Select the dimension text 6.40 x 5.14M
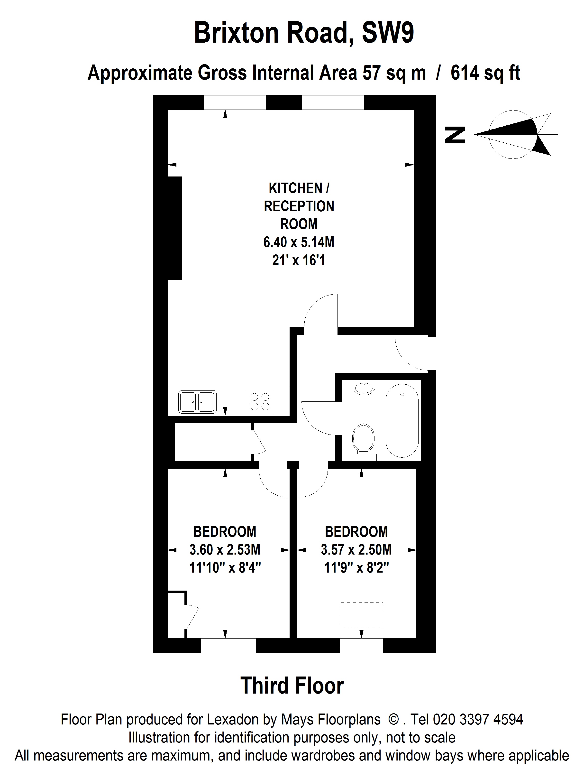coord(299,242)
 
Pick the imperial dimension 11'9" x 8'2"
coord(356,568)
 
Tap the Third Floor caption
coord(292,686)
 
